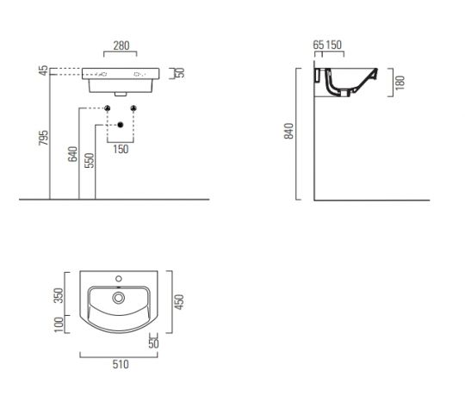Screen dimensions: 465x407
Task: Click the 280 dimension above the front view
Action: click(x=121, y=46)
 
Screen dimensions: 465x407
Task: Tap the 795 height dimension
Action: click(x=44, y=138)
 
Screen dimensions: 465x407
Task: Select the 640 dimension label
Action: click(x=72, y=154)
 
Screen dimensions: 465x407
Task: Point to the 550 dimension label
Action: click(x=89, y=160)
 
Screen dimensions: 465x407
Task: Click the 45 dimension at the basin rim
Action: click(x=44, y=71)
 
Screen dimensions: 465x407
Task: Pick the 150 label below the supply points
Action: click(x=121, y=149)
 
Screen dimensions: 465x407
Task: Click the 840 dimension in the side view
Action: click(x=288, y=131)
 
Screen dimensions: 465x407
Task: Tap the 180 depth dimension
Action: click(x=400, y=83)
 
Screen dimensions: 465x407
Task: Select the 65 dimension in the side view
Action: click(x=319, y=45)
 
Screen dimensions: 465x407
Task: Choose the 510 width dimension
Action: click(x=121, y=364)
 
